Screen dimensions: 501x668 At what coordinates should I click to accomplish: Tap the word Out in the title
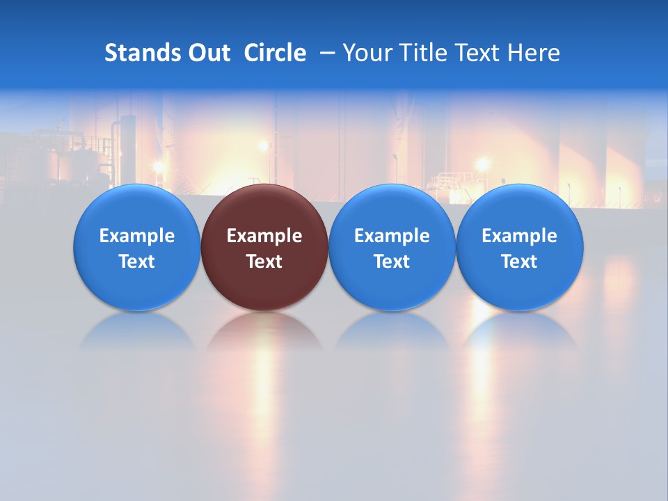[209, 53]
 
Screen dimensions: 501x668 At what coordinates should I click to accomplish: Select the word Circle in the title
[275, 53]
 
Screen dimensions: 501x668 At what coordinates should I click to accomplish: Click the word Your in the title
[367, 53]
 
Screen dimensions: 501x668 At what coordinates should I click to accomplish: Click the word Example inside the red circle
[264, 236]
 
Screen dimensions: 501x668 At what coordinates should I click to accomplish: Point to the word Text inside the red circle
[264, 262]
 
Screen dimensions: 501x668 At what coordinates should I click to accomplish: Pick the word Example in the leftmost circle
[136, 236]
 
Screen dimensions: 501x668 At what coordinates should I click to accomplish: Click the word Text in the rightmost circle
[520, 262]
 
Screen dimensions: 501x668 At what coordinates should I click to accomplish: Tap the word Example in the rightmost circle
[520, 236]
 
